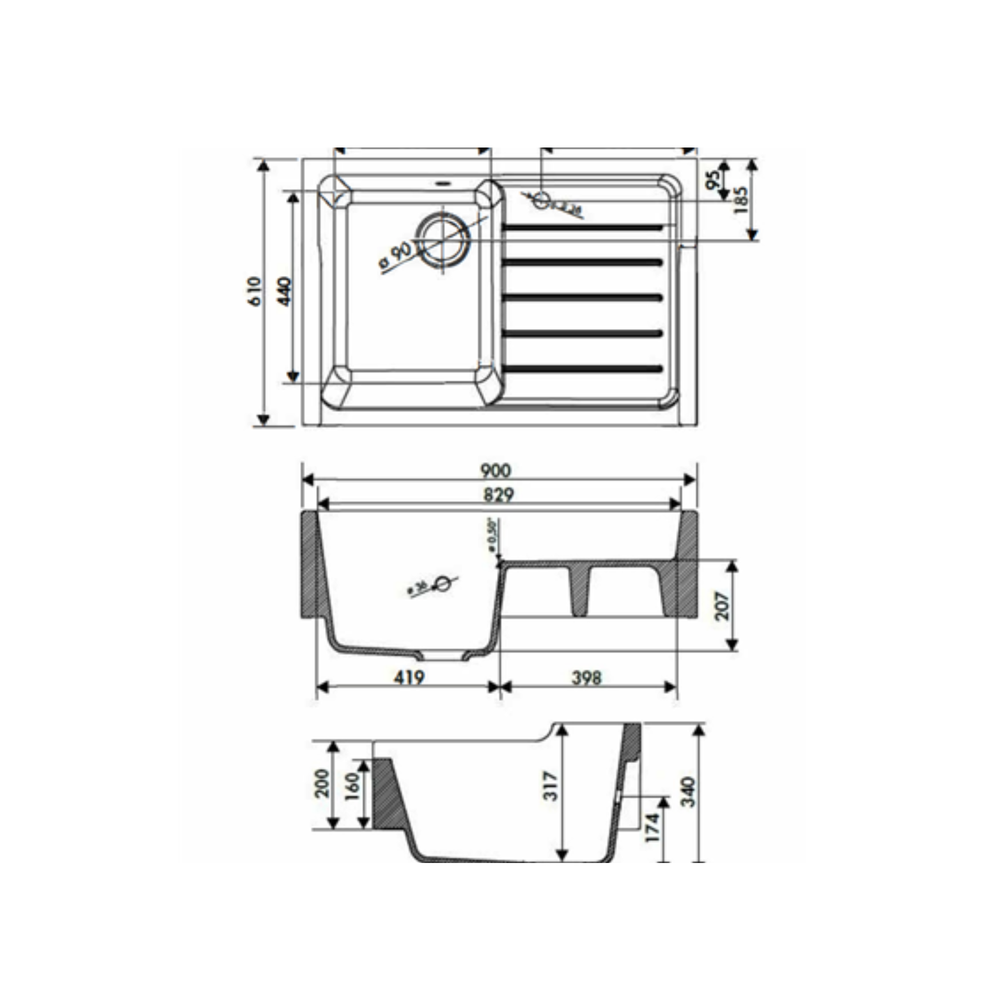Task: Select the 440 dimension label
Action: click(x=285, y=291)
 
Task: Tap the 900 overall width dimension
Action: click(x=495, y=470)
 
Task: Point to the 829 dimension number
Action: click(x=498, y=495)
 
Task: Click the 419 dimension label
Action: click(x=409, y=677)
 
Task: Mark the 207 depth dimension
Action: click(x=722, y=605)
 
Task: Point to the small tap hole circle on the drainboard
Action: click(x=541, y=200)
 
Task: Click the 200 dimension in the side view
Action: click(x=322, y=783)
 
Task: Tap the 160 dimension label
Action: click(x=352, y=786)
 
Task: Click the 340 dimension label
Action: click(x=688, y=791)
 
